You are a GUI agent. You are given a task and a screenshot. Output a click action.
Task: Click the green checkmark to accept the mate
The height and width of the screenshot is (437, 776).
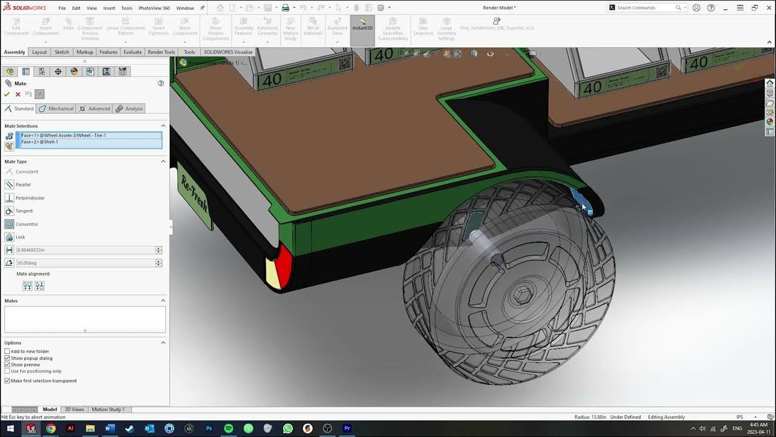[x=7, y=94]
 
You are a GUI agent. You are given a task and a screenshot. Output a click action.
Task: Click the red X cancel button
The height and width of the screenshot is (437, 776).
[x=18, y=94]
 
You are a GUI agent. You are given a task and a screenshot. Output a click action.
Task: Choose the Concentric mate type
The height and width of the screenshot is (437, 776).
[x=27, y=224]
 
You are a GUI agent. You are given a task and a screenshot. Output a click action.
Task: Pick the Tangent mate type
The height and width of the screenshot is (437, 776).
[x=24, y=211]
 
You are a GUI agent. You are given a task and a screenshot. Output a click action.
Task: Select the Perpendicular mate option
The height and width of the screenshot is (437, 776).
[x=30, y=198]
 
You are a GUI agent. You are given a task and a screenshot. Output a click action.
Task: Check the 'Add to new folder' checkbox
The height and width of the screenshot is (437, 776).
[x=7, y=351]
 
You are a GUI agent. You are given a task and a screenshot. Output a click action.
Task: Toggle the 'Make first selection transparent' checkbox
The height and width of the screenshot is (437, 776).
[x=7, y=381]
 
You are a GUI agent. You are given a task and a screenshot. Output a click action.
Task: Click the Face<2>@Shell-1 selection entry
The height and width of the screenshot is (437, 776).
[x=40, y=142]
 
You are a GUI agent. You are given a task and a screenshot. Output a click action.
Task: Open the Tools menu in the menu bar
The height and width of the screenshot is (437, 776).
[x=126, y=8]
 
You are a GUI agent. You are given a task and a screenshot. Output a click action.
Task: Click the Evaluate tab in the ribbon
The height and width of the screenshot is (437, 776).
[x=132, y=52]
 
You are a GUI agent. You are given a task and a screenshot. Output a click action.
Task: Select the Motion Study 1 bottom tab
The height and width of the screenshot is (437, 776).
[x=108, y=410]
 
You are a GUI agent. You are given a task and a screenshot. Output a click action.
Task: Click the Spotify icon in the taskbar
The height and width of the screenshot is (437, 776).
[x=229, y=429]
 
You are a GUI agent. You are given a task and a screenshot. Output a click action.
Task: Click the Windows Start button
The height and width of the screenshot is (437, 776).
[x=10, y=429]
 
